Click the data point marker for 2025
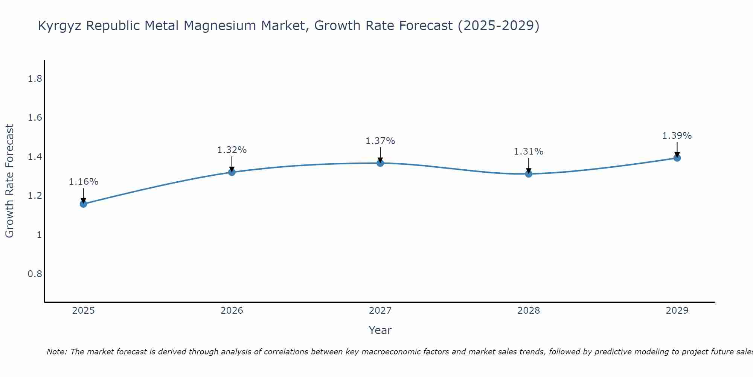coord(84,204)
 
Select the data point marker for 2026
coord(232,172)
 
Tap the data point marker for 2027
coord(380,163)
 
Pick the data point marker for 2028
coord(529,174)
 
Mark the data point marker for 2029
coord(677,158)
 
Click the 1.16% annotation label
coord(84,182)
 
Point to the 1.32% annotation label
coord(232,150)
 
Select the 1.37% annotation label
coord(380,141)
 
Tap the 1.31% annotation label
coord(529,152)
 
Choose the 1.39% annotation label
coord(677,136)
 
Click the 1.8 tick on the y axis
coord(35,79)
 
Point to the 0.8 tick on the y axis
coord(35,274)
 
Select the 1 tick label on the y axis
coord(39,235)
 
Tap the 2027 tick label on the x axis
coord(380,311)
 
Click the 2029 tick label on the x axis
coord(677,311)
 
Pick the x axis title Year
coord(380,330)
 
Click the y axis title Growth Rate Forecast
coord(9,181)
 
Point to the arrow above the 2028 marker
coord(529,165)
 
